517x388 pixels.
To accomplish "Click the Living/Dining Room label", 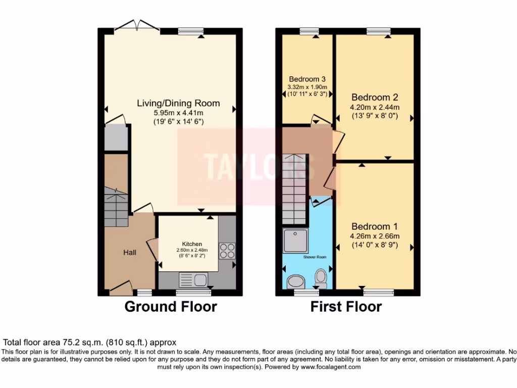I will [x=178, y=103].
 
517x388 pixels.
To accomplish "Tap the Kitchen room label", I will [x=192, y=244].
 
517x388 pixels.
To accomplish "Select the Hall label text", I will [x=130, y=252].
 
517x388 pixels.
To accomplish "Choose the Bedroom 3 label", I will [x=307, y=79].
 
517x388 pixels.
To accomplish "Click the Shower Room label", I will [x=315, y=257].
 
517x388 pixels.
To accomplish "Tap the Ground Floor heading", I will [x=171, y=306].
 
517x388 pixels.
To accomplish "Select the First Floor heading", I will [x=346, y=306].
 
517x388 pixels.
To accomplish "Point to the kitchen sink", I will [x=193, y=279].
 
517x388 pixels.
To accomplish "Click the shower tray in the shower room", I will [x=295, y=241].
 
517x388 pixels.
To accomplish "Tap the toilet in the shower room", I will [x=321, y=277].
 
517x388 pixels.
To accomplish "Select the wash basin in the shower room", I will [x=294, y=281].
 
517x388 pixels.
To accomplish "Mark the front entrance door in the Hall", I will [x=121, y=288].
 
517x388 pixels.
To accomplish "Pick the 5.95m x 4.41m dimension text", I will [x=178, y=113].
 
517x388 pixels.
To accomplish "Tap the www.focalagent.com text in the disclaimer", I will [x=330, y=367].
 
